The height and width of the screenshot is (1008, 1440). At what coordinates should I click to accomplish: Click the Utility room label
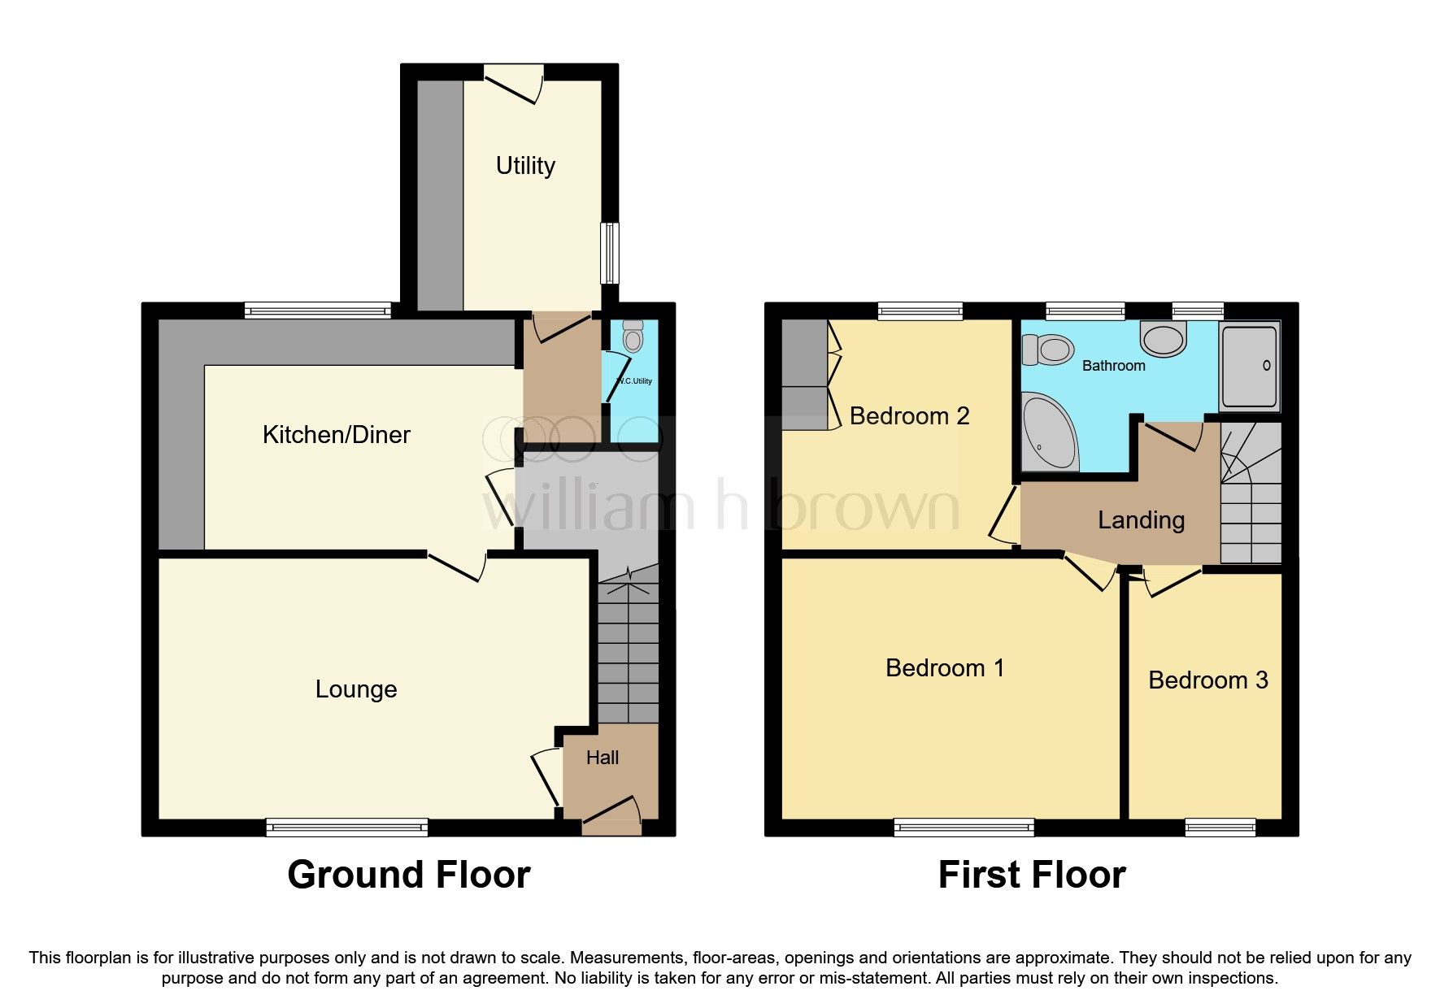[x=525, y=166]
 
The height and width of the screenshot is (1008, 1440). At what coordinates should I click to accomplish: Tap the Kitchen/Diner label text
[x=336, y=435]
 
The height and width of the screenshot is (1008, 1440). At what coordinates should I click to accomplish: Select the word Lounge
[x=356, y=689]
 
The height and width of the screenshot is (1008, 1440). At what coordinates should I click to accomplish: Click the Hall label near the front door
[x=603, y=758]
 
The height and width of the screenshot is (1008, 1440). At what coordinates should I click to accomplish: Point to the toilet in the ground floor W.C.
[x=633, y=337]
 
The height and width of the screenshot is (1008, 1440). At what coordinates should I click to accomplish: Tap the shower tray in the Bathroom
[x=1250, y=367]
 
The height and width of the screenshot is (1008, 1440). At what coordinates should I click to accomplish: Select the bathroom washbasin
[x=1164, y=338]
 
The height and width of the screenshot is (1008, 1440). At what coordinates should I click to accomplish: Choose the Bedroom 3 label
[x=1207, y=680]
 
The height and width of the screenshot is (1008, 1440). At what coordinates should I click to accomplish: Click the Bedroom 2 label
[x=909, y=416]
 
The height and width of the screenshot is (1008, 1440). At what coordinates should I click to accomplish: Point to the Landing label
[x=1141, y=520]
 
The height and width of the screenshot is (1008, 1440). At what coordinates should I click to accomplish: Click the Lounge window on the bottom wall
[x=347, y=828]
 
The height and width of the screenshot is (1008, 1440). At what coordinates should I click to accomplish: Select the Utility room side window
[x=610, y=253]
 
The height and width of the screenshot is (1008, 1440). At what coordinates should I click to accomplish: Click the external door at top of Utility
[x=513, y=81]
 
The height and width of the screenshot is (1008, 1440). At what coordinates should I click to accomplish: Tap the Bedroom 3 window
[x=1220, y=828]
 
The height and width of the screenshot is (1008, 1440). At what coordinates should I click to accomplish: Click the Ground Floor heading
[x=408, y=875]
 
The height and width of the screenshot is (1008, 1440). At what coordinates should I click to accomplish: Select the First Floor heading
[x=1031, y=875]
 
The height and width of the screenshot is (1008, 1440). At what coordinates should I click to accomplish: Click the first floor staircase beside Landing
[x=1251, y=496]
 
